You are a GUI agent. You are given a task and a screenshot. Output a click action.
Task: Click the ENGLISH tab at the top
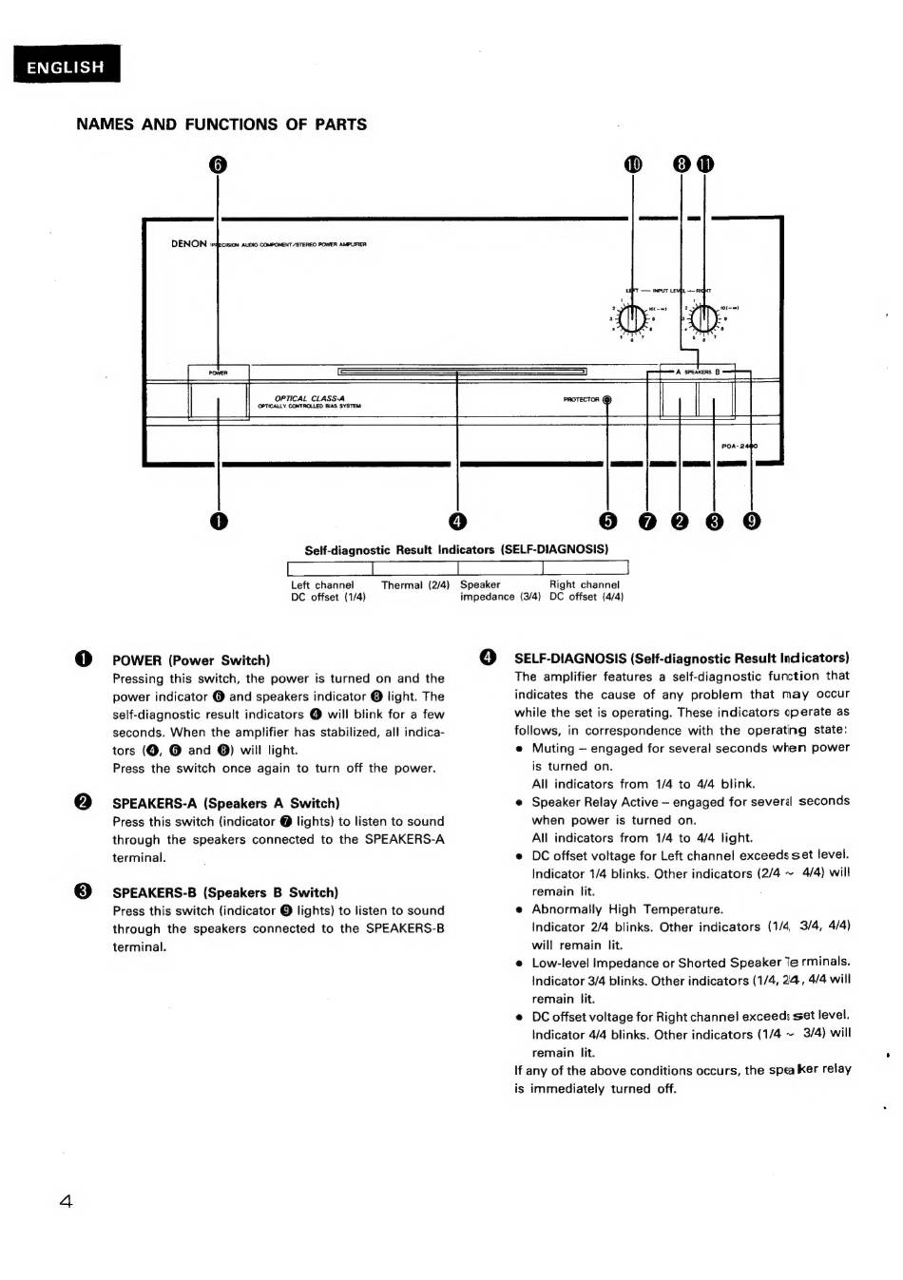coord(66,67)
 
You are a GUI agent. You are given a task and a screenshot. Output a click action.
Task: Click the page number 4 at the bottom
coord(65,1201)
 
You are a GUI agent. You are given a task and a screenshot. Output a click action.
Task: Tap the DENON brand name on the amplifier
coord(188,244)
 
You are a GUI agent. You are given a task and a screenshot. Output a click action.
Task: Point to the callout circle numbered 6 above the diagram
coord(218,164)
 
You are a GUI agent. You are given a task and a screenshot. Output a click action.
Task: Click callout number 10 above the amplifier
coord(633,164)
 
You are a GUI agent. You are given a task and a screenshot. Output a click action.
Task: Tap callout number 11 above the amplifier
coord(703,164)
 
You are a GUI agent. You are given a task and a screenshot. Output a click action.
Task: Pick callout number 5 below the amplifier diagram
coord(607,520)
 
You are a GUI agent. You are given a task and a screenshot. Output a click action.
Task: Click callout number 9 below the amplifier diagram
coord(751,520)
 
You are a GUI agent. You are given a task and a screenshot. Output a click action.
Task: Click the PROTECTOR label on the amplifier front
coord(581,400)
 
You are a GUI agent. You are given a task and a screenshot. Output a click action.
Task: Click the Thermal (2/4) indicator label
coord(415,585)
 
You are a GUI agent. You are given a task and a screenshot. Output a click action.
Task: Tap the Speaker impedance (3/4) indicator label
coord(500,591)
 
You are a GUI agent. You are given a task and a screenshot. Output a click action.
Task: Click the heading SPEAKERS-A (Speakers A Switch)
coord(225,803)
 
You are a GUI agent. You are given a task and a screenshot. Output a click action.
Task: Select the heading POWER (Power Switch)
coord(191,660)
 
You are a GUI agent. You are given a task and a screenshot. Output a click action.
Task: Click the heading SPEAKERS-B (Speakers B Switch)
coord(225,892)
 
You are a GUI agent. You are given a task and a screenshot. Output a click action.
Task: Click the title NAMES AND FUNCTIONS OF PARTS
coord(221,124)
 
